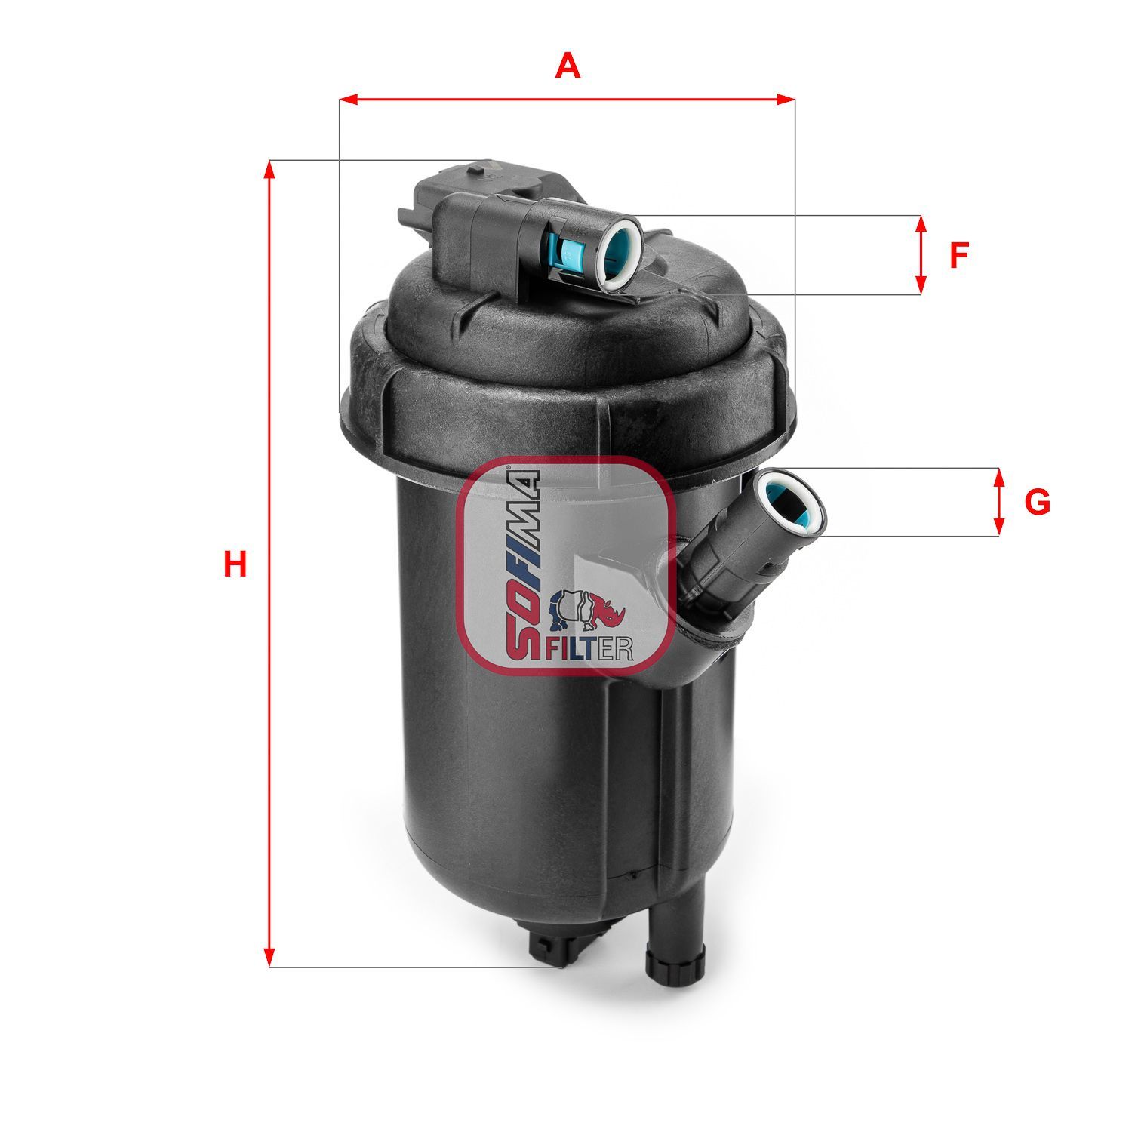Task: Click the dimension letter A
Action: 568,66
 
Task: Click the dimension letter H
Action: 235,564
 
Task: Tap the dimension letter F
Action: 958,256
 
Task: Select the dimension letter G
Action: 1038,502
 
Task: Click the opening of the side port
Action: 792,501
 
